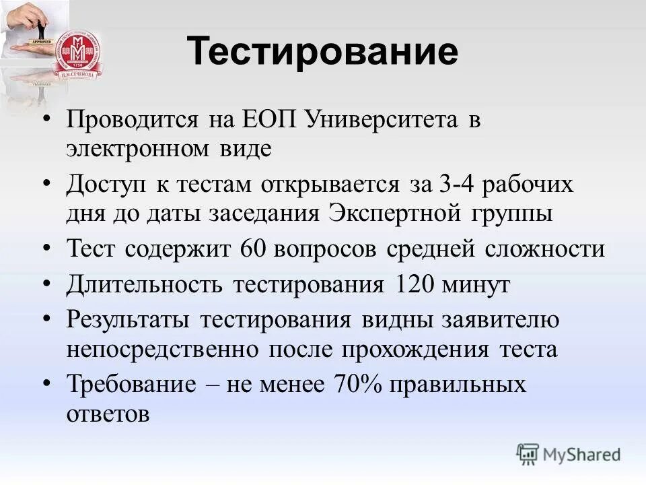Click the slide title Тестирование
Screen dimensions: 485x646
322,52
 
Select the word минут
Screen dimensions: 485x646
476,284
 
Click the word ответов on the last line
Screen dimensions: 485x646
108,414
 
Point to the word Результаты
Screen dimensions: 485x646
129,319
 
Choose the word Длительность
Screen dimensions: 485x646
145,284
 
